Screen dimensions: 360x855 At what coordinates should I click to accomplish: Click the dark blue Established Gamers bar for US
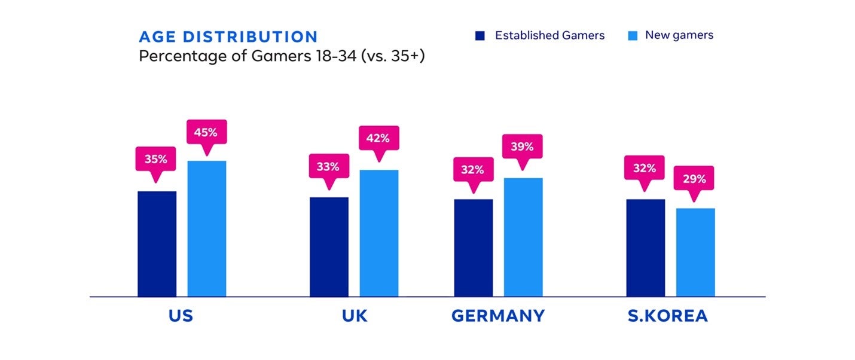click(157, 243)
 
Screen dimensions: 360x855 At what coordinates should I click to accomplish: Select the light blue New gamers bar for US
click(207, 228)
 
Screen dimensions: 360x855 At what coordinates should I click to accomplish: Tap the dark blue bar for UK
click(329, 246)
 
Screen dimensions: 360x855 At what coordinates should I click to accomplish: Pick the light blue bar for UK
click(378, 233)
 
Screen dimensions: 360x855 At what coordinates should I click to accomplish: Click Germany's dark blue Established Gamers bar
click(474, 248)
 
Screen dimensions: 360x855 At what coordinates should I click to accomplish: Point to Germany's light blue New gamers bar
click(523, 237)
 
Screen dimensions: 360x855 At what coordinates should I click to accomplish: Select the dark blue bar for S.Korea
click(646, 248)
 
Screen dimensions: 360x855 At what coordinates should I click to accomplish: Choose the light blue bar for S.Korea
click(695, 252)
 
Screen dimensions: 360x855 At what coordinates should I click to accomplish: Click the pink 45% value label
click(206, 132)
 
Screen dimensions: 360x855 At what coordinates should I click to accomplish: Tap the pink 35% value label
click(156, 159)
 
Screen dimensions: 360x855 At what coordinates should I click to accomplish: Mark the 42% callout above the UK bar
click(378, 138)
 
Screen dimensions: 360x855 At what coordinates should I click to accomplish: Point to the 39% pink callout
click(523, 147)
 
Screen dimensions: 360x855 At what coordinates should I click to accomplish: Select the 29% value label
click(694, 178)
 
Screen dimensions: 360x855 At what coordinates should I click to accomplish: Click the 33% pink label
click(328, 167)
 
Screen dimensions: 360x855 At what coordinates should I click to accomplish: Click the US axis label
click(181, 316)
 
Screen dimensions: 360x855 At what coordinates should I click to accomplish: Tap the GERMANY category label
click(498, 316)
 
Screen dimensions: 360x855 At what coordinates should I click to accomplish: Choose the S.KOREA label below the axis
click(668, 316)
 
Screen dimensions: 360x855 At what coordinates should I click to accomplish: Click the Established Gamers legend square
click(480, 36)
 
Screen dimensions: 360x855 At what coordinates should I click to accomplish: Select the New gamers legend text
click(679, 35)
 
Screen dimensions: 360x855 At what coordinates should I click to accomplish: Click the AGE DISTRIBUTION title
click(228, 36)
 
